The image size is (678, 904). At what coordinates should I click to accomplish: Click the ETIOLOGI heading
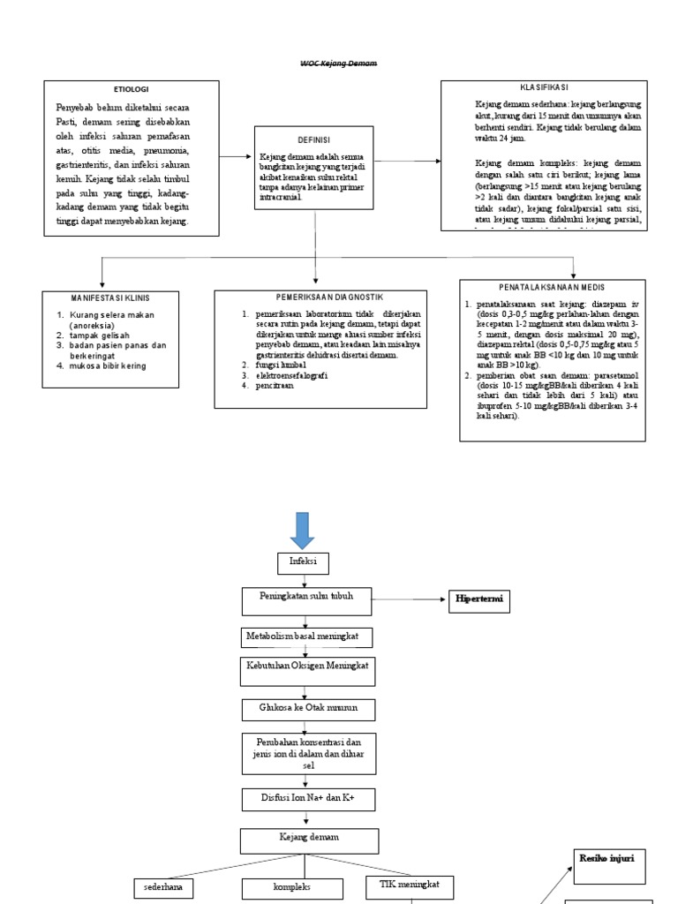pyautogui.click(x=132, y=90)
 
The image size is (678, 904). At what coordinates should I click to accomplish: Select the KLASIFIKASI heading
pyautogui.click(x=544, y=88)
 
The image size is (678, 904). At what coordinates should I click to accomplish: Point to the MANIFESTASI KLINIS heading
pyautogui.click(x=110, y=298)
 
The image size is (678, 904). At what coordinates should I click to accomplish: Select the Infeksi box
pyautogui.click(x=304, y=562)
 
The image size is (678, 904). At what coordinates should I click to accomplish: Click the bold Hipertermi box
pyautogui.click(x=480, y=600)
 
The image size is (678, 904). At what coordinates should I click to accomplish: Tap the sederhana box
pyautogui.click(x=162, y=886)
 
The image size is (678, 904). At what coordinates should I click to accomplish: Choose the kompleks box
pyautogui.click(x=292, y=886)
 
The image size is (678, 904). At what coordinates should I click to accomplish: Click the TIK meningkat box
pyautogui.click(x=411, y=884)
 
